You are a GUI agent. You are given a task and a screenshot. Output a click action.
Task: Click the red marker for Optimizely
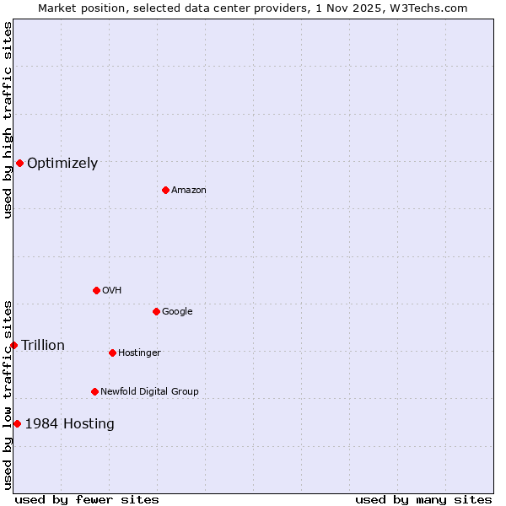tap(19, 163)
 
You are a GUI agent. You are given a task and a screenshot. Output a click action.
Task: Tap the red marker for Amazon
tap(165, 190)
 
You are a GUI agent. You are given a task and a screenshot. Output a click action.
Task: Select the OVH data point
tap(96, 290)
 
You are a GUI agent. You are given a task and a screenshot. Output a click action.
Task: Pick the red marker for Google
tap(156, 311)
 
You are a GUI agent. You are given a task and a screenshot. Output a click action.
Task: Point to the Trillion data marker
tap(13, 345)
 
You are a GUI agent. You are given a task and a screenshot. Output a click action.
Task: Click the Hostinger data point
tap(112, 353)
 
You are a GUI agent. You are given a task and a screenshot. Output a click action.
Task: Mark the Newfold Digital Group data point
tap(94, 391)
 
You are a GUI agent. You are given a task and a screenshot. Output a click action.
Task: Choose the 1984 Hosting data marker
tap(17, 423)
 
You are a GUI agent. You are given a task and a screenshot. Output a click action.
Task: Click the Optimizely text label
tap(62, 164)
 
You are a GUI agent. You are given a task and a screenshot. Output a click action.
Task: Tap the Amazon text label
tap(189, 191)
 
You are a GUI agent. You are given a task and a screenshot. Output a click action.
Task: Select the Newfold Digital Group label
tap(149, 391)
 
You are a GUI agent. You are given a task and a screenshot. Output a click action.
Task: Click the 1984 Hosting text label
tap(69, 423)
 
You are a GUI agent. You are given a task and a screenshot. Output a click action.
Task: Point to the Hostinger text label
tap(139, 353)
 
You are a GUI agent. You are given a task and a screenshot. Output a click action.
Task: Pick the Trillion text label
tap(43, 345)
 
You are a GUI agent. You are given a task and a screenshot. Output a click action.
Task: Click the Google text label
tap(177, 311)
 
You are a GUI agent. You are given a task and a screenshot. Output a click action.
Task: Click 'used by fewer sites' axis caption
tap(87, 499)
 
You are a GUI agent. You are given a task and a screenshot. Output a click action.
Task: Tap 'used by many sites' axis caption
tap(423, 499)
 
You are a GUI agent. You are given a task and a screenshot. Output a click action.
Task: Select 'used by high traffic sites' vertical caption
tap(8, 120)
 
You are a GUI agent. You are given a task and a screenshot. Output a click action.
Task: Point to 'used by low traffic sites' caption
tap(8, 394)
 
